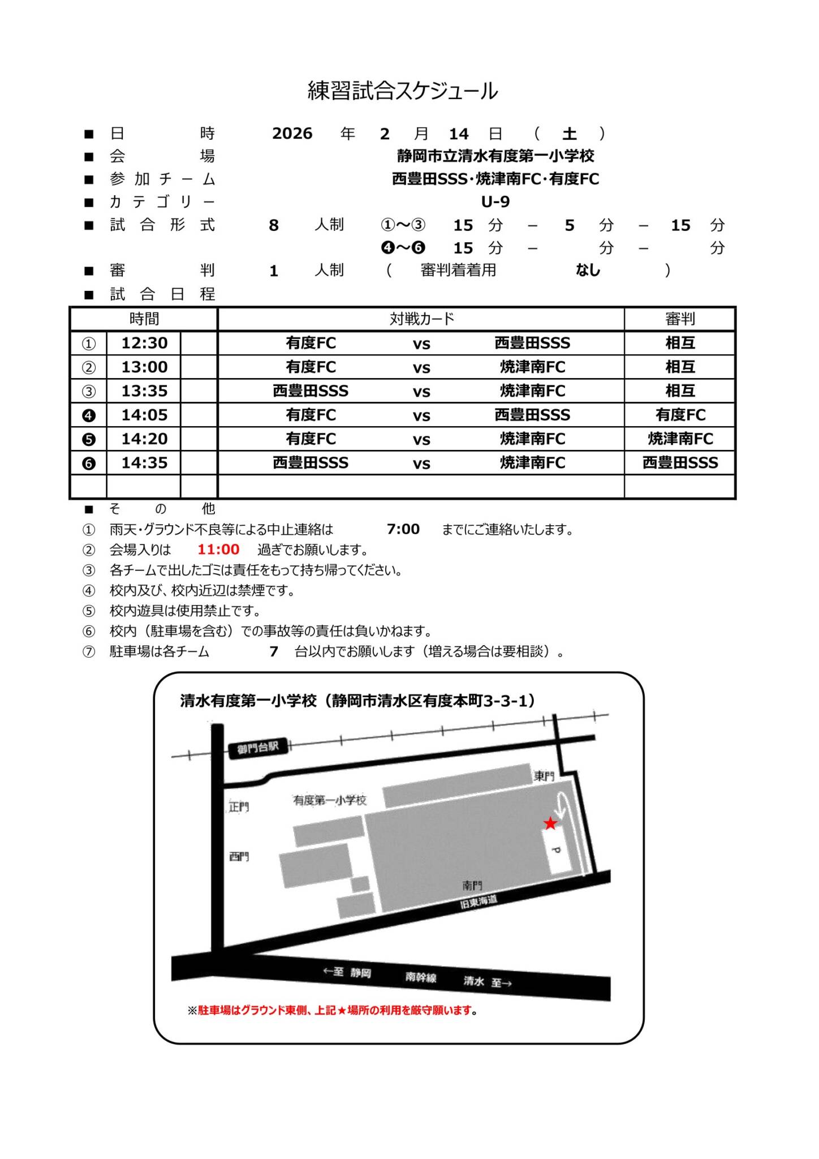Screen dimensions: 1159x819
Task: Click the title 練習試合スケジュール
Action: pos(402,91)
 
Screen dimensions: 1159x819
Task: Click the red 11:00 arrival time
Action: pos(218,549)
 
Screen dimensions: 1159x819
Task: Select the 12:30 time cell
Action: pos(144,343)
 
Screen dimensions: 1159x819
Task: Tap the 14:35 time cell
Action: pos(144,463)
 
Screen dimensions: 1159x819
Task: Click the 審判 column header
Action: pos(679,319)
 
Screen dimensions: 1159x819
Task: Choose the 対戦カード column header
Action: pos(421,319)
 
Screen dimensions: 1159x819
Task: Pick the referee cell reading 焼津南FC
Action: pos(680,439)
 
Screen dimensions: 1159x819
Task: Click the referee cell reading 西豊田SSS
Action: pos(680,463)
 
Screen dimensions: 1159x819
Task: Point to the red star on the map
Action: pos(550,823)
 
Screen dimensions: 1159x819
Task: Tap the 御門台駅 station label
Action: pos(258,748)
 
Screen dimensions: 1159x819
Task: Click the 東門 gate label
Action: pos(544,776)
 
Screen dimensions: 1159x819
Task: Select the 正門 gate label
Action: pos(239,807)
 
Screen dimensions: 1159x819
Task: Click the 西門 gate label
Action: pos(239,857)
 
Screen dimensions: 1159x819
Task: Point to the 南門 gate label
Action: pos(472,885)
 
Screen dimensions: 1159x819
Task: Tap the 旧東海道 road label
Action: pos(479,901)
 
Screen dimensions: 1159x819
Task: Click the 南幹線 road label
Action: pos(420,977)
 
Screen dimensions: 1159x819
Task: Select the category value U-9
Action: pos(495,202)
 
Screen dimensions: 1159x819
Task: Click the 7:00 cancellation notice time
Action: pos(403,529)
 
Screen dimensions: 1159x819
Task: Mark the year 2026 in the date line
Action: pos(292,134)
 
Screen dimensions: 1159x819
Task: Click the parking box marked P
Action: pos(557,851)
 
